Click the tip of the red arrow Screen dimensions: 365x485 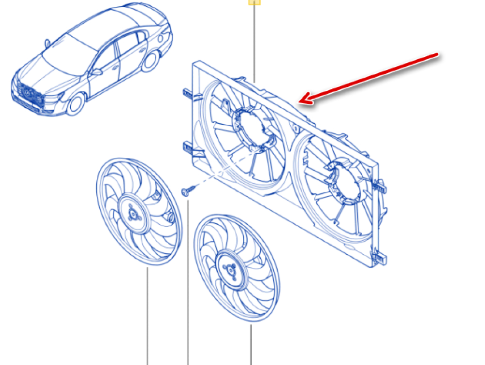click(x=300, y=101)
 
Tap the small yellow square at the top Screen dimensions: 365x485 click(x=255, y=2)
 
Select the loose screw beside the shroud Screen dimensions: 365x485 click(x=187, y=191)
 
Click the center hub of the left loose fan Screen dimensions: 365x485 click(x=132, y=213)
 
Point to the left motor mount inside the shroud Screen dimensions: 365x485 click(x=252, y=127)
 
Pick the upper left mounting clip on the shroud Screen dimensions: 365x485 click(x=186, y=93)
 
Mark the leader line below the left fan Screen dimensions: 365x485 click(x=147, y=315)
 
